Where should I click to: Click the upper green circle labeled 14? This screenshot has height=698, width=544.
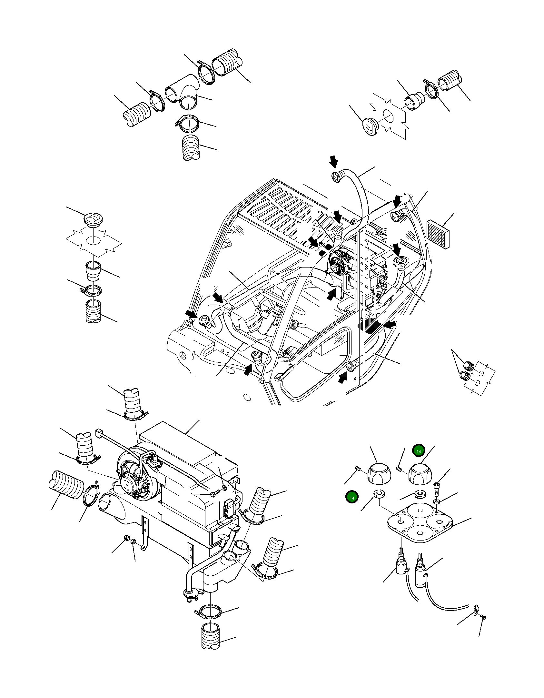[x=418, y=451]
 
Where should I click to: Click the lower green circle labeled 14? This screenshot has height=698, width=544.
[x=351, y=498]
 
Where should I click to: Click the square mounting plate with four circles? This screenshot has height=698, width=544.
[x=420, y=524]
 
